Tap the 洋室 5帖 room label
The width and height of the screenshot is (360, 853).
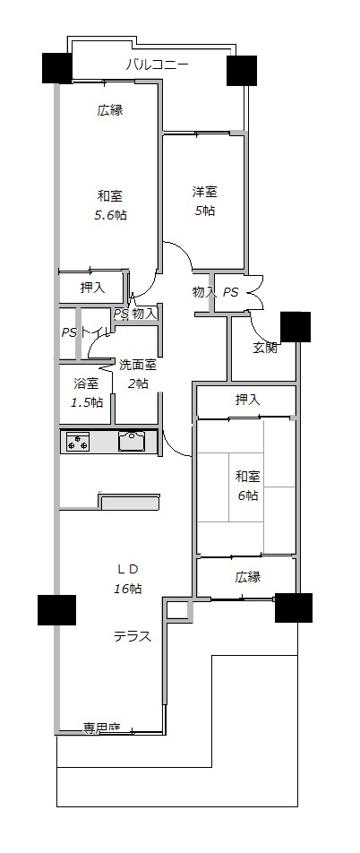(203, 202)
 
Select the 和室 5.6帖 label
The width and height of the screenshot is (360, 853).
(109, 205)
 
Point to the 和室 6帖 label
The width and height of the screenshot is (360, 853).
(247, 485)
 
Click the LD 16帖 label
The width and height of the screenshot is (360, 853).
(128, 578)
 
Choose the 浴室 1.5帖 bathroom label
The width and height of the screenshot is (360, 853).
(86, 392)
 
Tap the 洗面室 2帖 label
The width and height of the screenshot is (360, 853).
(137, 374)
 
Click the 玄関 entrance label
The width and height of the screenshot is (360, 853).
(264, 347)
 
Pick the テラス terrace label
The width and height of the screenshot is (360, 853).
(131, 637)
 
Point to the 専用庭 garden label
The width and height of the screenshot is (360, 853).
(101, 727)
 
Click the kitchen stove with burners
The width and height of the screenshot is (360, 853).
(77, 442)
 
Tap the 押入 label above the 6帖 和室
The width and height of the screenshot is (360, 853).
(247, 400)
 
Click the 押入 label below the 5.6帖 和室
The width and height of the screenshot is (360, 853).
(92, 288)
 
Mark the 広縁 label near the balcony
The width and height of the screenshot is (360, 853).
(109, 111)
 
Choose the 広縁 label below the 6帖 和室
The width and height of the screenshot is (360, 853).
(248, 578)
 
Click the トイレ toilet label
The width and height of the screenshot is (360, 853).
(98, 332)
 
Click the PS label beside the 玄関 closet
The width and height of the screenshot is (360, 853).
(230, 292)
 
